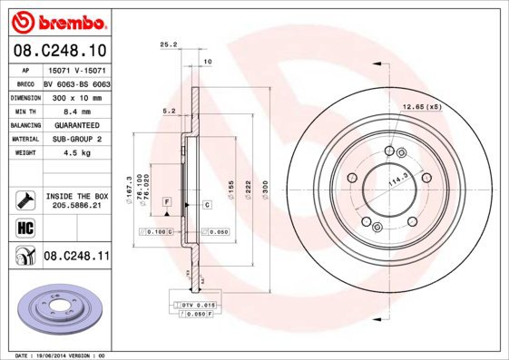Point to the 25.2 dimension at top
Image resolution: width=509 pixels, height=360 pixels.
coord(167,43)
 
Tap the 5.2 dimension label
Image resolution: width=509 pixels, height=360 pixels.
coord(169,111)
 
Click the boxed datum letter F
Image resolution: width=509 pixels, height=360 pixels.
coord(168,199)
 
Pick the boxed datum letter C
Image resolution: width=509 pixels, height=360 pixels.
coord(207,206)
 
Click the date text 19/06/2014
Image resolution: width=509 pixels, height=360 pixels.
coord(55,355)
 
